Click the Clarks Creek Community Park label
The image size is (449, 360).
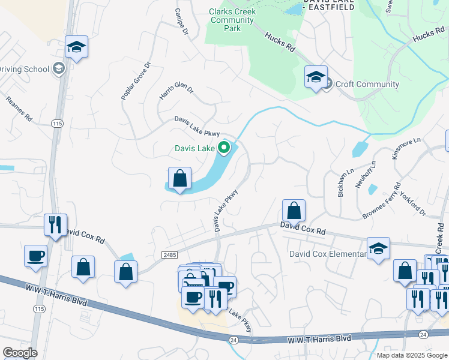[232, 20]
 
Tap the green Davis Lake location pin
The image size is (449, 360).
[224, 147]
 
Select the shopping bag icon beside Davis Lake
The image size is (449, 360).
[179, 178]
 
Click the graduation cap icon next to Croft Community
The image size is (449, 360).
[316, 77]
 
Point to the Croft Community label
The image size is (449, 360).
[367, 84]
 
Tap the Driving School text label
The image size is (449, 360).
[25, 69]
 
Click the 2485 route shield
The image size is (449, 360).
[170, 255]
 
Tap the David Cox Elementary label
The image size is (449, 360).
[328, 254]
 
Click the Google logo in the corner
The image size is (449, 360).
[19, 353]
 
